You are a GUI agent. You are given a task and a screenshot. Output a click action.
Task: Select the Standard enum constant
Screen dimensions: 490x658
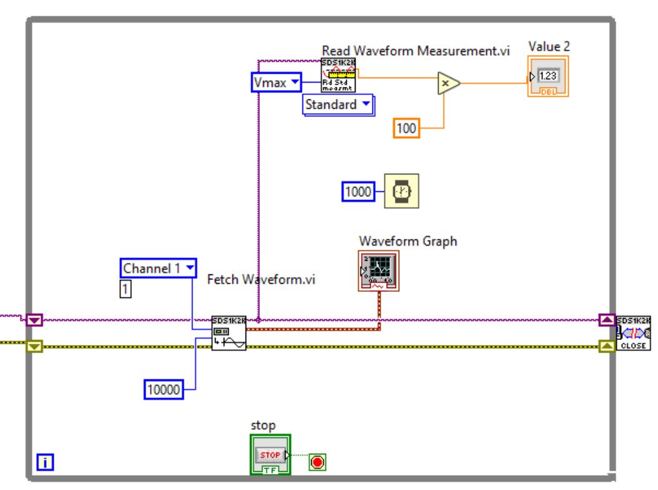coord(337,105)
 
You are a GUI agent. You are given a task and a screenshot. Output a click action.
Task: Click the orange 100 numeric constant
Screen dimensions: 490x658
coord(407,129)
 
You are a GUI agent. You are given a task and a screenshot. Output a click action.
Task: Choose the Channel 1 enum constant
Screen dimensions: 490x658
coord(159,268)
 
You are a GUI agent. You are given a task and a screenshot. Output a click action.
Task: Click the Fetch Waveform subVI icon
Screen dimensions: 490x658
coord(228,334)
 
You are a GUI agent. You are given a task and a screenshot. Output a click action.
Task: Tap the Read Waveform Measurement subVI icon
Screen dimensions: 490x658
coord(338,76)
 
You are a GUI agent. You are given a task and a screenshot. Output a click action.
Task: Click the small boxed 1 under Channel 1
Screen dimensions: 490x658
coord(126,289)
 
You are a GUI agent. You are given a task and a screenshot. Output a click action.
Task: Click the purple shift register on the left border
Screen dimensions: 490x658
coord(34,321)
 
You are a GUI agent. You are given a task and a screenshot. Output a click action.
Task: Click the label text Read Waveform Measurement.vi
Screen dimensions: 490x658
coord(416,52)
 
